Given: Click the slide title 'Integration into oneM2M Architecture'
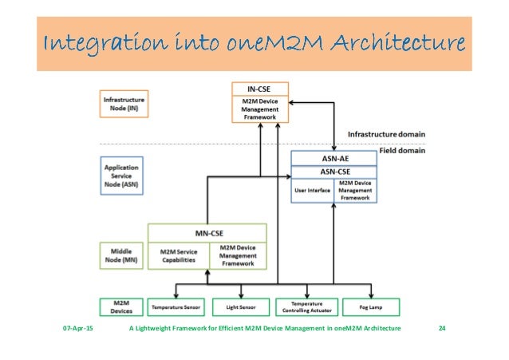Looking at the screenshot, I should (x=253, y=42).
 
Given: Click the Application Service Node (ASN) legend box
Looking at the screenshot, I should (x=122, y=175).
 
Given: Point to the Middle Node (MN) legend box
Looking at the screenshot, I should (x=122, y=254).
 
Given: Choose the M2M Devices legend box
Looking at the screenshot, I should (x=121, y=307).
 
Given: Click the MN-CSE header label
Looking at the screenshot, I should (x=207, y=232).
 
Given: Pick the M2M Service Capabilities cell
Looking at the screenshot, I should (x=178, y=255).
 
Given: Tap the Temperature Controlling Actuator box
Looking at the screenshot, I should (x=307, y=307).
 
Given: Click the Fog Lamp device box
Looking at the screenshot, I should (x=371, y=307).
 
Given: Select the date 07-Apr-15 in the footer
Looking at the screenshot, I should (x=77, y=329).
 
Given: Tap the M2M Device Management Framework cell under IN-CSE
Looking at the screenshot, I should (x=258, y=108).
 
